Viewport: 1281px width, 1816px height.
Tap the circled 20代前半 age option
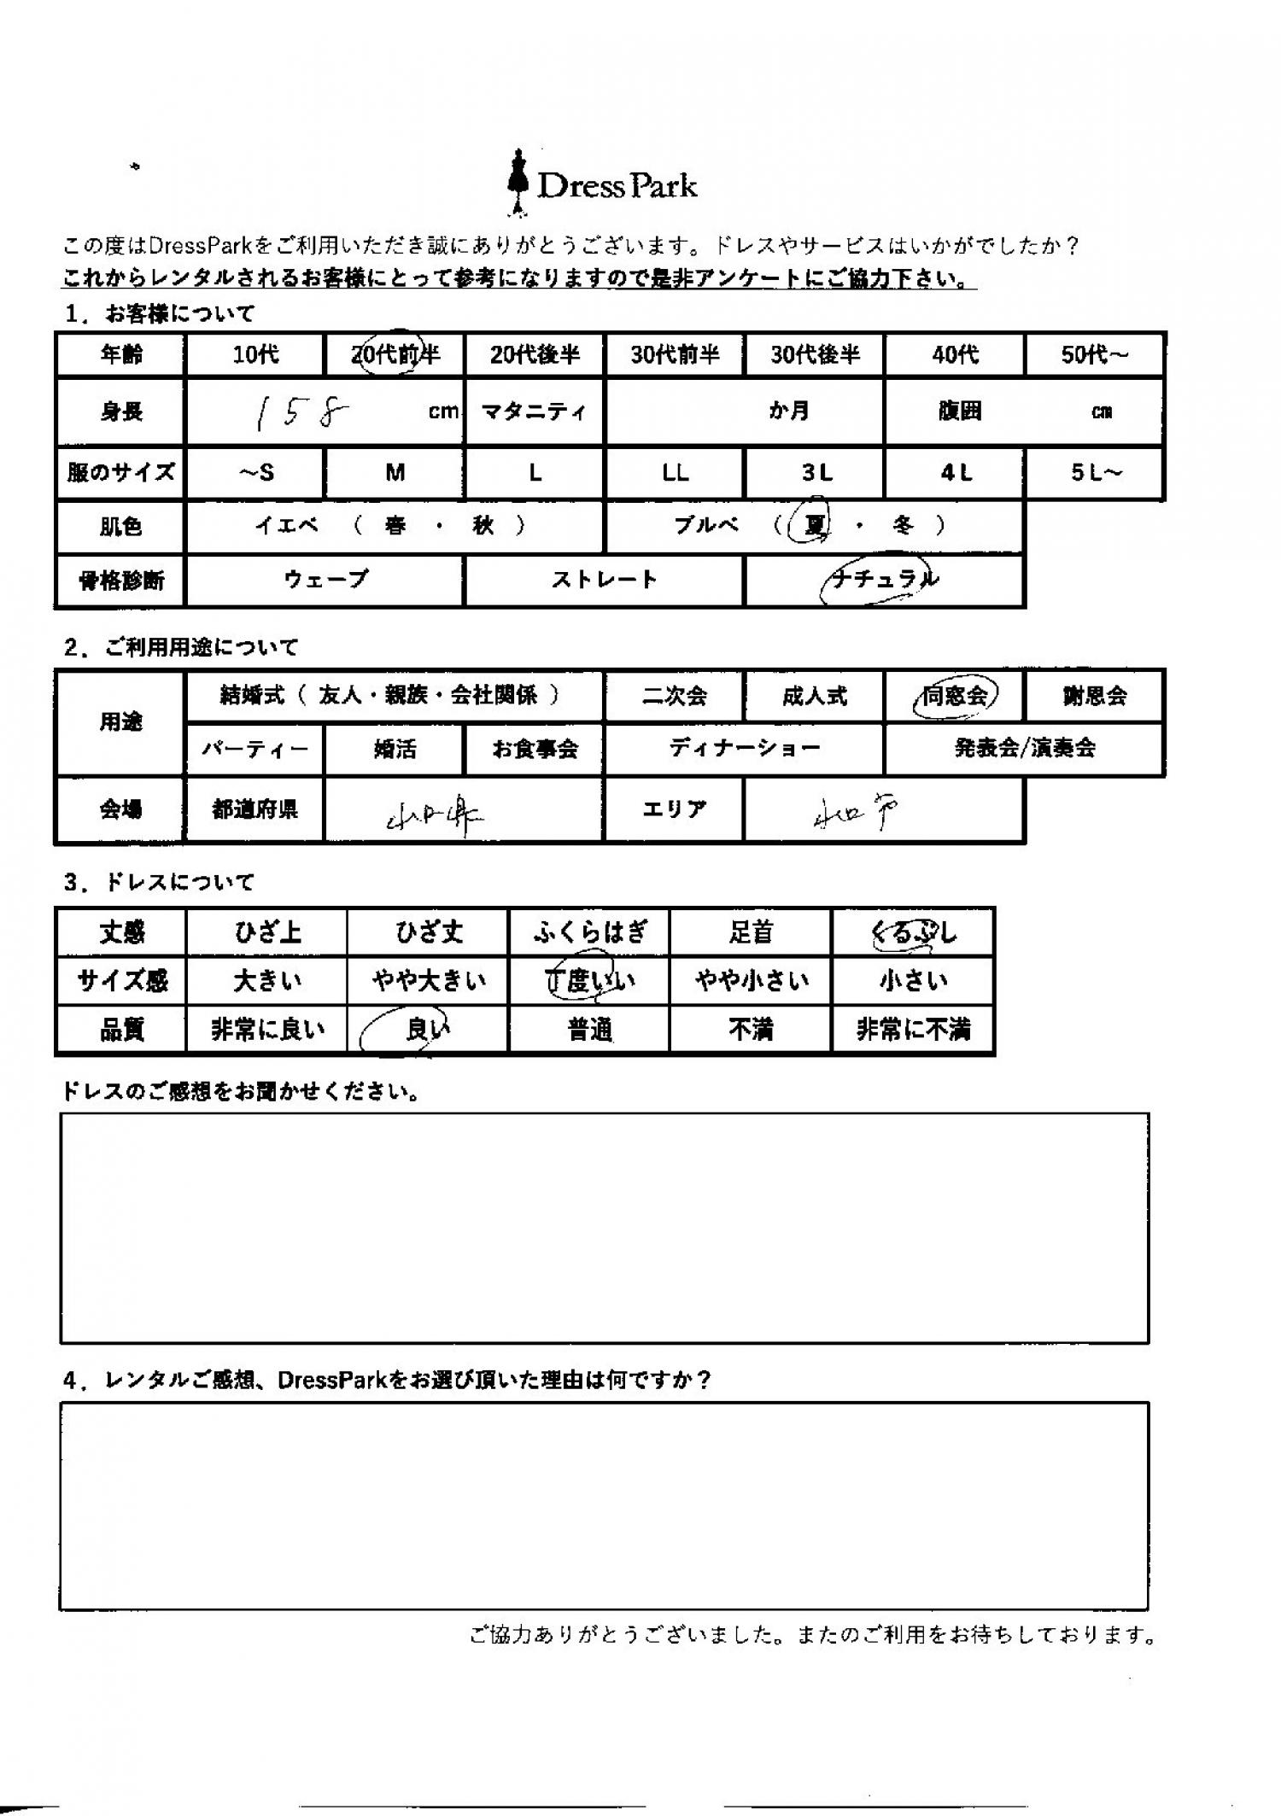tap(395, 353)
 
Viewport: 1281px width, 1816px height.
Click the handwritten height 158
tap(299, 413)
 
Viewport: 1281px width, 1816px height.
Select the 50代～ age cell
tap(1094, 354)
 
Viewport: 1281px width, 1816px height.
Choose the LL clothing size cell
tap(675, 472)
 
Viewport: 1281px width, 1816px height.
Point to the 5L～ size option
tap(1094, 472)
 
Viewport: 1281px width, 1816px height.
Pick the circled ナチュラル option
tap(884, 580)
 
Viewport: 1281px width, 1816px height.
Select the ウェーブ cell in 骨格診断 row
tap(325, 580)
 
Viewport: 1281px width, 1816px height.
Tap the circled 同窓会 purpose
tap(955, 696)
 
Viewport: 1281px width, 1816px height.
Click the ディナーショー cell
tap(744, 749)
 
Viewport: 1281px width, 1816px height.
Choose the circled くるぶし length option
tap(912, 932)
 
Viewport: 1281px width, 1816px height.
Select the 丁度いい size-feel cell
tap(589, 981)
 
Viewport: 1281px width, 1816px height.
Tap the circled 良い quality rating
tap(427, 1030)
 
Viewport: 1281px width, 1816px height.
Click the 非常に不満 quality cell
tap(912, 1030)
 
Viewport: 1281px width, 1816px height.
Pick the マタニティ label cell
tap(535, 412)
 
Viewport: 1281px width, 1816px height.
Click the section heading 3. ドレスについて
tap(160, 882)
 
